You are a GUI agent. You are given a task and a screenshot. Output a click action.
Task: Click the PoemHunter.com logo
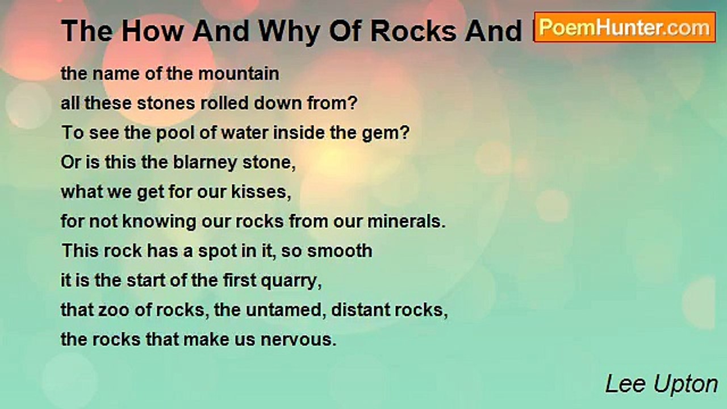click(x=625, y=27)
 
